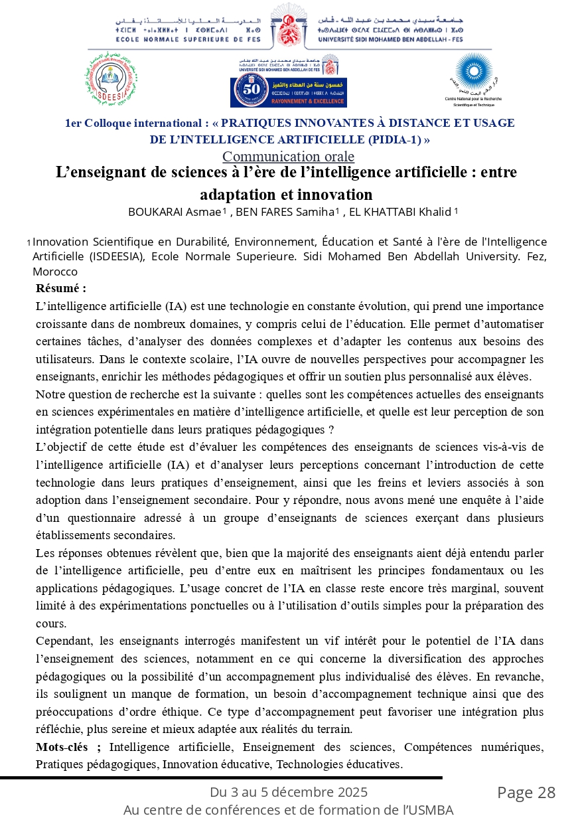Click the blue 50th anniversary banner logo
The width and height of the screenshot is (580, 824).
(x=288, y=92)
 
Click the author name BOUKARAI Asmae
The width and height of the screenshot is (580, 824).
(x=175, y=212)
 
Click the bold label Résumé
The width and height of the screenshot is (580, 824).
(x=61, y=289)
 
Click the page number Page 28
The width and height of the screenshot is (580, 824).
(x=526, y=793)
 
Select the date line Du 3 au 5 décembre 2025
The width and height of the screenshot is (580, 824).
(x=289, y=792)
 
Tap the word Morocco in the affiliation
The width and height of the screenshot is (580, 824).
(x=55, y=272)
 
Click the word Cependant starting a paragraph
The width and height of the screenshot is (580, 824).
(x=66, y=641)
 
